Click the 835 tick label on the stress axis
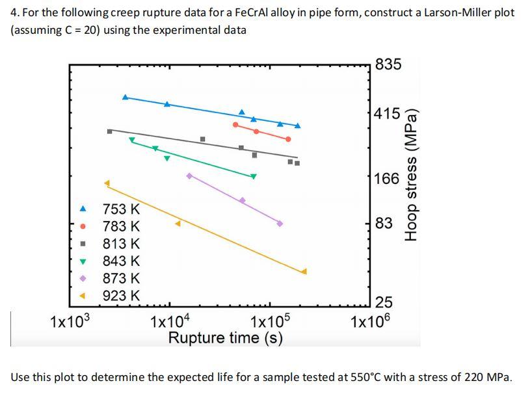(x=388, y=64)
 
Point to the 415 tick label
(x=388, y=114)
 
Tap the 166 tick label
(x=387, y=177)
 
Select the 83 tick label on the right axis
(x=384, y=224)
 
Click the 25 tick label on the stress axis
(x=384, y=302)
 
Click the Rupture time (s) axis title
(x=225, y=338)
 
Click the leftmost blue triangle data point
(x=126, y=96)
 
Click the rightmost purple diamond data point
(x=280, y=223)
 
